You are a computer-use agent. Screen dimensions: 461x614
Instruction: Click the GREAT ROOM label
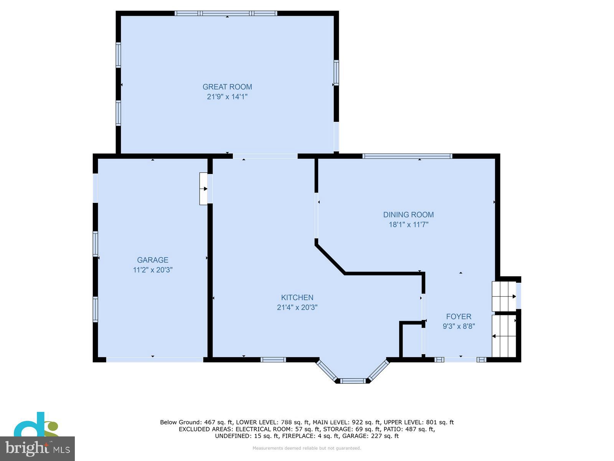[x=227, y=87]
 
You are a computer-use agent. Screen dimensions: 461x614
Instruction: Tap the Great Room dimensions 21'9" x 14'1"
[x=227, y=97]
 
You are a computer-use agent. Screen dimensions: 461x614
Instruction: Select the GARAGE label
[x=153, y=260]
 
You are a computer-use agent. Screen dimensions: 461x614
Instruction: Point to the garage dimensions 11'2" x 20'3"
[x=153, y=270]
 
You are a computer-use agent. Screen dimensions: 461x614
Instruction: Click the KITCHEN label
[x=297, y=297]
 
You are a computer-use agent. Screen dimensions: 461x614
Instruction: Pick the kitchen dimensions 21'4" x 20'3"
[x=297, y=307]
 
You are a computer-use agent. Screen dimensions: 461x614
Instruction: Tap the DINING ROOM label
[x=408, y=215]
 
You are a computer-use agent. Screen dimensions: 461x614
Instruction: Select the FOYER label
[x=459, y=317]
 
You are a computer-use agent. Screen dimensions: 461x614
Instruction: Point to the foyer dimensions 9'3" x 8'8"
[x=459, y=327]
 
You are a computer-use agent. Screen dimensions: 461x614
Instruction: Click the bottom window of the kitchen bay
[x=353, y=381]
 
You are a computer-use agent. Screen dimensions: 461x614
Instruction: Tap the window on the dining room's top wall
[x=407, y=156]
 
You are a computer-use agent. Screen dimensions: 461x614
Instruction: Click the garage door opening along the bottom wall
[x=155, y=360]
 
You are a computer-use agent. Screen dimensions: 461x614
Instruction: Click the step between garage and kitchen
[x=203, y=189]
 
